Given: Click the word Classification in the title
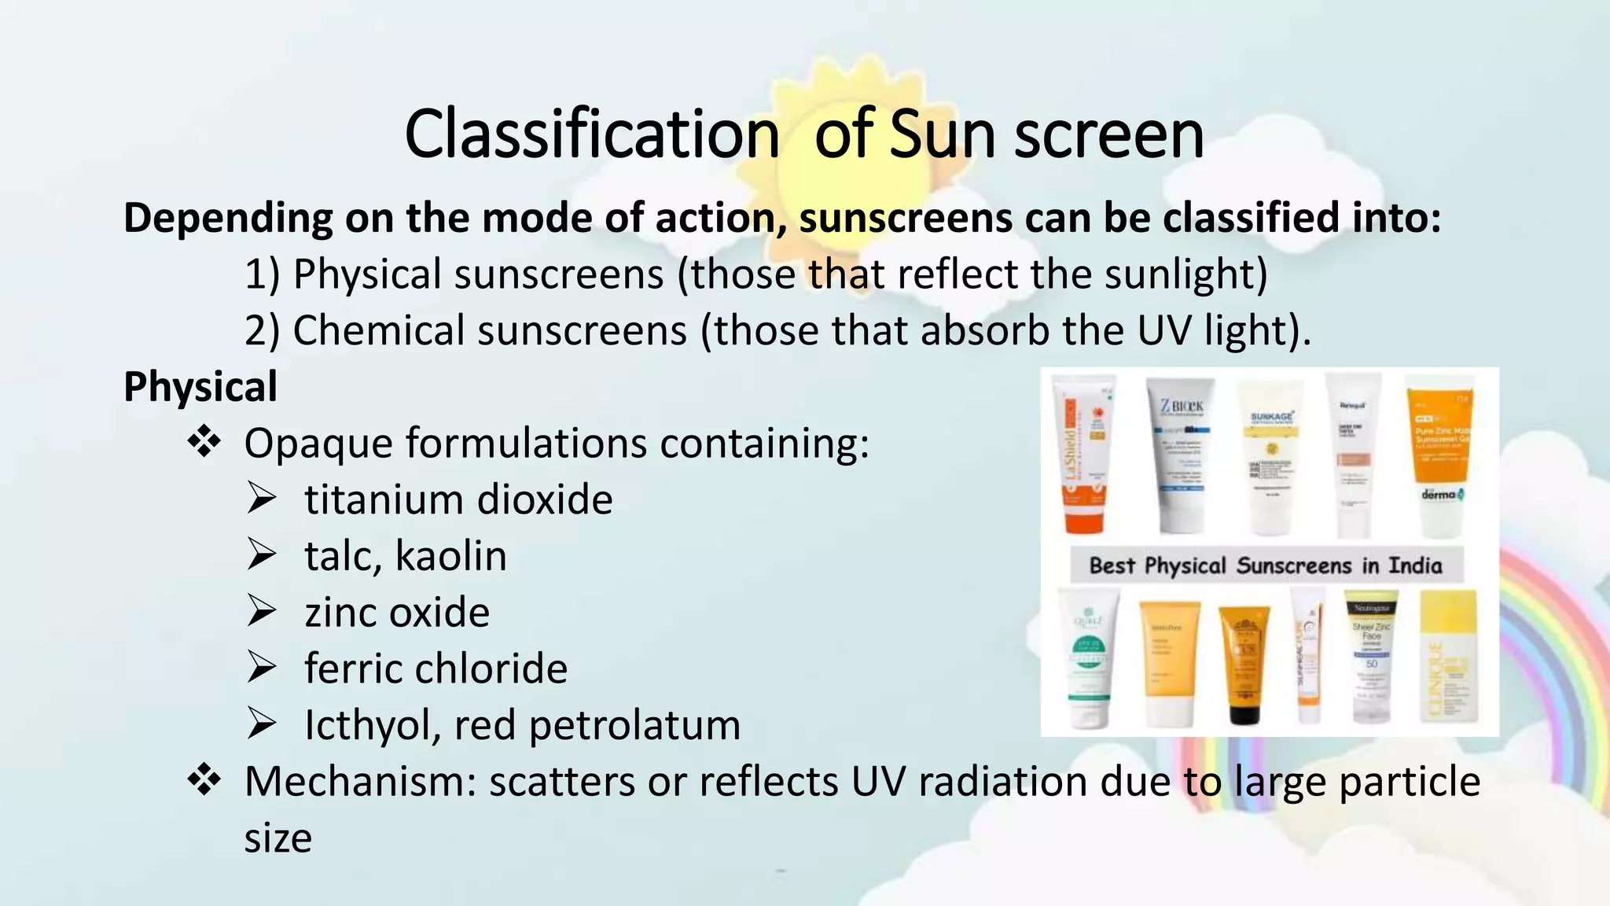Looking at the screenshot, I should pyautogui.click(x=591, y=134).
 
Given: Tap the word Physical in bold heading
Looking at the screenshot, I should pyautogui.click(x=200, y=387).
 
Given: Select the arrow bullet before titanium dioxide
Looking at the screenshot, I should pyautogui.click(x=261, y=499).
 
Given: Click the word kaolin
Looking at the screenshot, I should pyautogui.click(x=450, y=556).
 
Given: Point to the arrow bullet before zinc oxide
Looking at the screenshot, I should pyautogui.click(x=261, y=612).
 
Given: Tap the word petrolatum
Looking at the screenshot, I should pyautogui.click(x=634, y=725).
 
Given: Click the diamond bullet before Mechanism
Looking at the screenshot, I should pyautogui.click(x=204, y=781).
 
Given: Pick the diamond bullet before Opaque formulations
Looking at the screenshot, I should pyautogui.click(x=204, y=442).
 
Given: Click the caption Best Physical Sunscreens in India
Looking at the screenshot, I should pyautogui.click(x=1266, y=565).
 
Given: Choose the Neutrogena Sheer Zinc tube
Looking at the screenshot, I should pyautogui.click(x=1371, y=658).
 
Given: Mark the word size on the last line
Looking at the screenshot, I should pyautogui.click(x=278, y=838).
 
